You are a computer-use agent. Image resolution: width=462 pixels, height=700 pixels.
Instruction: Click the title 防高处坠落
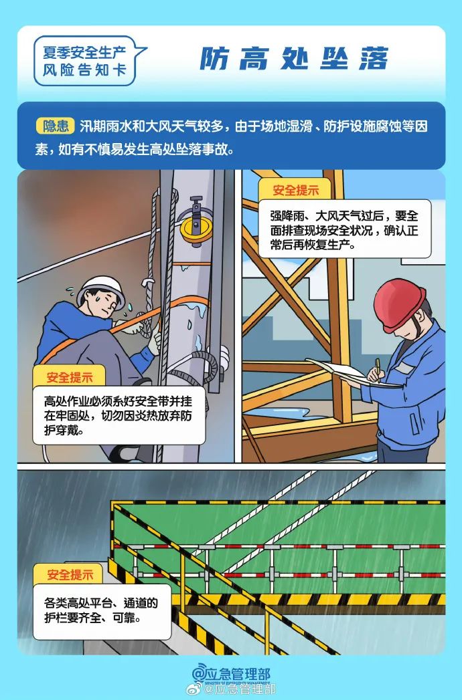pos(294,60)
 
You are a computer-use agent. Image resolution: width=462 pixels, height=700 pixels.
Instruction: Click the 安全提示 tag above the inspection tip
pos(295,190)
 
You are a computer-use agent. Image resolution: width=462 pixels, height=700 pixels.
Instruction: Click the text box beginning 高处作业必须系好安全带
pos(119,415)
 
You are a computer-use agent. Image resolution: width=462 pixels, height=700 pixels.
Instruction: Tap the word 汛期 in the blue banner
pos(92,126)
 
